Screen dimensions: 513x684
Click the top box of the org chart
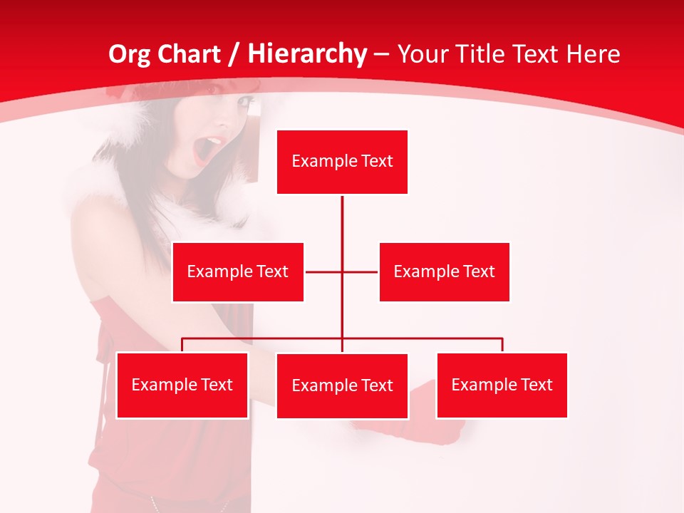pyautogui.click(x=342, y=162)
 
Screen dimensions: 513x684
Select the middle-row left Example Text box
pyautogui.click(x=238, y=272)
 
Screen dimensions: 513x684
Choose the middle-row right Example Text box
pyautogui.click(x=444, y=272)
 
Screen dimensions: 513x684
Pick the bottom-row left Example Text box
pyautogui.click(x=182, y=385)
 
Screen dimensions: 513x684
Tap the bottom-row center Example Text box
pyautogui.click(x=342, y=386)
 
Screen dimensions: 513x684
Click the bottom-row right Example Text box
pyautogui.click(x=502, y=385)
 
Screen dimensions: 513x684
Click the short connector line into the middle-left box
pyautogui.click(x=323, y=272)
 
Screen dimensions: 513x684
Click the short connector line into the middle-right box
pyautogui.click(x=361, y=272)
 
